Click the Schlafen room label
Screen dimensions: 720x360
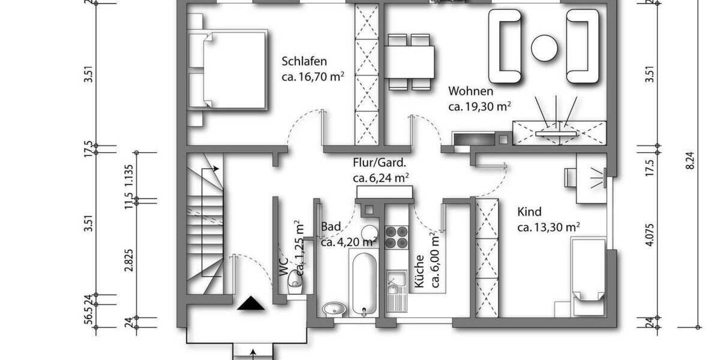[304, 61]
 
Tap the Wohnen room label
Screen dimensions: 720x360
[471, 92]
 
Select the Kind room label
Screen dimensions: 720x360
[529, 212]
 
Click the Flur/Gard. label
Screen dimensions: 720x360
[380, 163]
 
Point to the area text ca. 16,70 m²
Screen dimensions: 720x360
[313, 77]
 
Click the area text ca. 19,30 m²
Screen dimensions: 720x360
[479, 107]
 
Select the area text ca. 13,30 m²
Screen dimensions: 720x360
[548, 227]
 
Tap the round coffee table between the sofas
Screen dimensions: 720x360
[545, 47]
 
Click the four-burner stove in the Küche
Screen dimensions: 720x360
[396, 236]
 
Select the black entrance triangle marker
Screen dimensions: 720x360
[251, 304]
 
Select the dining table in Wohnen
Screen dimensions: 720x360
[410, 60]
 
